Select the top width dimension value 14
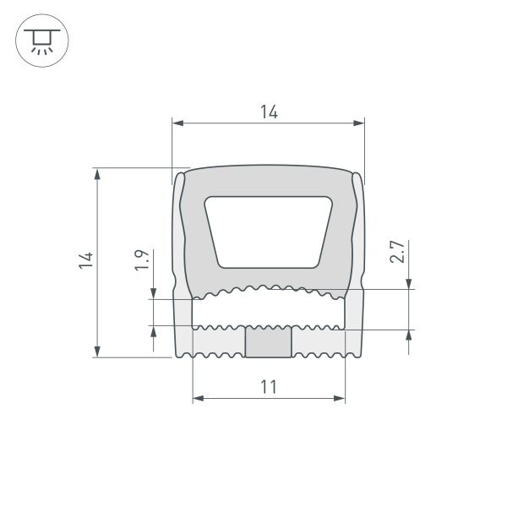coord(269,112)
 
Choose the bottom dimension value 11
coord(269,387)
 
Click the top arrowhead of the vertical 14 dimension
coord(98,175)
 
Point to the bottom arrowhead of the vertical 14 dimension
coord(98,350)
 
